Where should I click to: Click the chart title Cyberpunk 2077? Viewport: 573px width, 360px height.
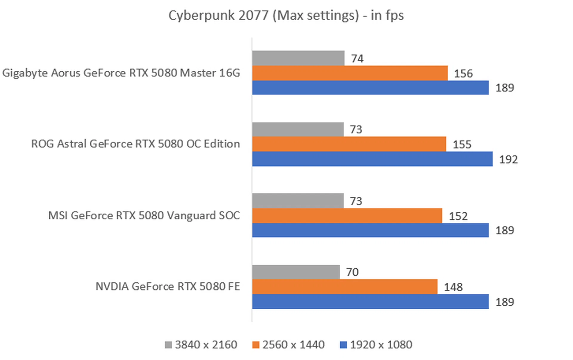(286, 16)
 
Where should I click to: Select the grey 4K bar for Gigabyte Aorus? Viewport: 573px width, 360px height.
(298, 58)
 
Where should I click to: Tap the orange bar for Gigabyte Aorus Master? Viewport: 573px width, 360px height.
(349, 73)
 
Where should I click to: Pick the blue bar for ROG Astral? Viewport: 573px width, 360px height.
(372, 159)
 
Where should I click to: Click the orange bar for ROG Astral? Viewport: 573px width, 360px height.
(349, 144)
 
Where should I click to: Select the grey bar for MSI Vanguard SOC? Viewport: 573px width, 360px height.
(298, 201)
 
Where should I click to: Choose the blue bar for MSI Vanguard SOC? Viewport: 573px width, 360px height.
(370, 230)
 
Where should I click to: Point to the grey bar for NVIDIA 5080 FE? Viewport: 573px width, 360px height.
(295, 272)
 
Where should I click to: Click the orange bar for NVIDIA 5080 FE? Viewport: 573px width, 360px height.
(344, 287)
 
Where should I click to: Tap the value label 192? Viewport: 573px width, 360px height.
(508, 159)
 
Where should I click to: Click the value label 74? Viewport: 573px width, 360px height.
(357, 59)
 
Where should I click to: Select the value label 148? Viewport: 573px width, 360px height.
(453, 287)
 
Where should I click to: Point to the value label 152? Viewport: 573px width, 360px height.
(458, 216)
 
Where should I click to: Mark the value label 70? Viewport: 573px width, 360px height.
(352, 272)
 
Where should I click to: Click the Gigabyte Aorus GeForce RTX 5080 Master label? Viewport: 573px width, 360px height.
(121, 73)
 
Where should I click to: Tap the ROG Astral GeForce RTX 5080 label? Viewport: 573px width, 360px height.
(135, 144)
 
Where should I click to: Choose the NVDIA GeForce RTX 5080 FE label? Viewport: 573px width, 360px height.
(167, 287)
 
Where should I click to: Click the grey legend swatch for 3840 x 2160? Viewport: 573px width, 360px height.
(168, 345)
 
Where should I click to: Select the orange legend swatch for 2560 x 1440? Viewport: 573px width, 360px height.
(256, 345)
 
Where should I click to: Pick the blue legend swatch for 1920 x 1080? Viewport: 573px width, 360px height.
(344, 345)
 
